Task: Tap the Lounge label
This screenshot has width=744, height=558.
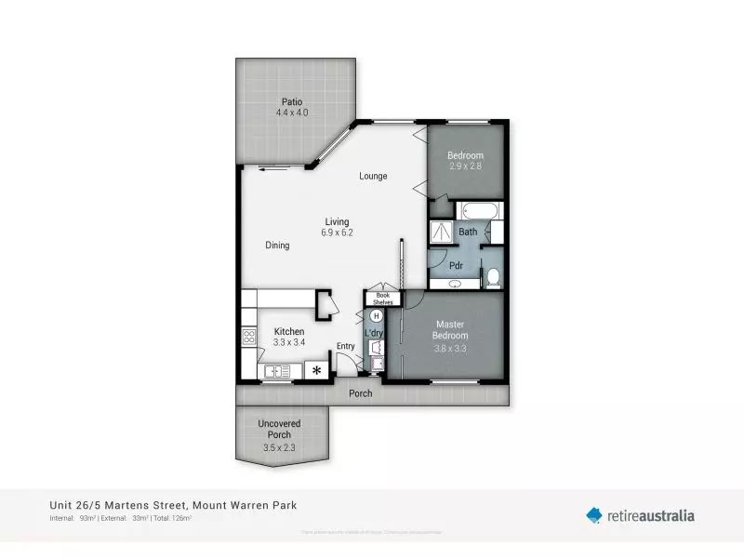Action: click(373, 176)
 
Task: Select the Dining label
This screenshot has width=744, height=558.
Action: click(277, 246)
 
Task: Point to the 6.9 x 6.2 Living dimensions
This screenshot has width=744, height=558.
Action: click(337, 232)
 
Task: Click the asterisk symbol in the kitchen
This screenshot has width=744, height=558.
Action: click(317, 371)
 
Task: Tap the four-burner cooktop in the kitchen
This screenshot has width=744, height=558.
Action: click(248, 339)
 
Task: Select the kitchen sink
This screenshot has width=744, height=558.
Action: click(275, 372)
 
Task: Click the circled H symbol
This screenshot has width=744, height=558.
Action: click(377, 316)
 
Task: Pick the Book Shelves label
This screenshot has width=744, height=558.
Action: click(383, 298)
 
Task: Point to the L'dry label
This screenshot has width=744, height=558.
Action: click(375, 333)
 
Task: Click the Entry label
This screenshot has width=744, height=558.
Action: click(345, 347)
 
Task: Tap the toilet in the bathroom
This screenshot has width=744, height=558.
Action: click(493, 276)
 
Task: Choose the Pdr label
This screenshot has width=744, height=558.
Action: click(457, 264)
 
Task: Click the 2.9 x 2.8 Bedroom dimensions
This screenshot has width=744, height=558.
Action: click(466, 167)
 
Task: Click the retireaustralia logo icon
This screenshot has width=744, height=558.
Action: click(594, 514)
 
